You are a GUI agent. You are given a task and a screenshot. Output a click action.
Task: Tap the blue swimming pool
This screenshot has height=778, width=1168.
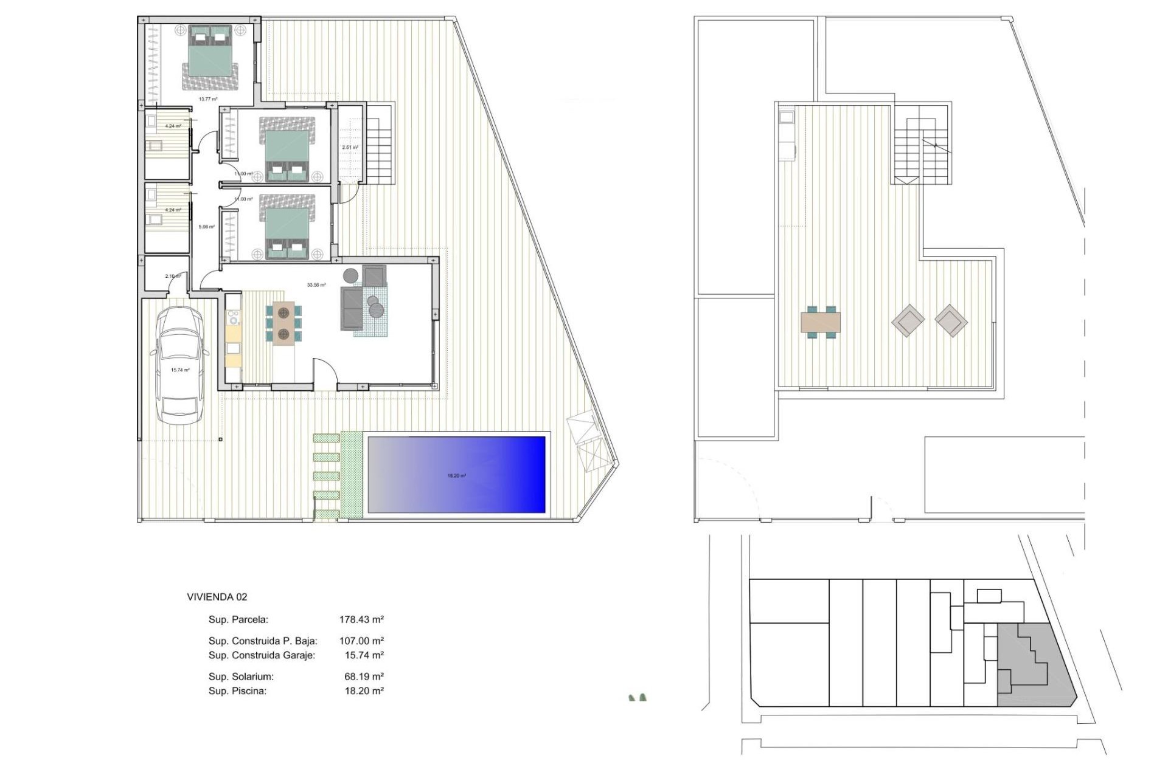pos(456,474)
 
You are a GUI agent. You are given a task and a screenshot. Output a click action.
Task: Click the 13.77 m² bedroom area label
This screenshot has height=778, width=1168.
pos(208,99)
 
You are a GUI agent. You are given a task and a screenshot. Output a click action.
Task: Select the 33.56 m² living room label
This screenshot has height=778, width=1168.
pos(316,284)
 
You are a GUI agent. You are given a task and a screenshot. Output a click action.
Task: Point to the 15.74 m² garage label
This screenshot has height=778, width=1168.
pos(180,370)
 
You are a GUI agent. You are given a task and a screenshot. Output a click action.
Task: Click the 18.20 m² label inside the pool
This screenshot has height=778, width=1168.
pos(456,476)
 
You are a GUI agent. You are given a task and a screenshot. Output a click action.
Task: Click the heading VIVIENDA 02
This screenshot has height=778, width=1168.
pos(217,597)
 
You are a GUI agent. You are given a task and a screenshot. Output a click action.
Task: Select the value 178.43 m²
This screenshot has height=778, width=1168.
pos(361,620)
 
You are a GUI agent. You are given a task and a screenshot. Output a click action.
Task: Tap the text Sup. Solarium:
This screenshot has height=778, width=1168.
pos(241,676)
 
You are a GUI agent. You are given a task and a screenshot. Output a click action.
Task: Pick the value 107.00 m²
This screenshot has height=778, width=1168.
pos(361,641)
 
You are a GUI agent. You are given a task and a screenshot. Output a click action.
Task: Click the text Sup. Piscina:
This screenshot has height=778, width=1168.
pos(237,691)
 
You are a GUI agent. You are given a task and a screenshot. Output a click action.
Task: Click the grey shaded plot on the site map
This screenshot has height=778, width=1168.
pos(1028,669)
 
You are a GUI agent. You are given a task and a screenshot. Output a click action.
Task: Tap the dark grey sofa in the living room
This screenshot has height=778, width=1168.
pos(351,309)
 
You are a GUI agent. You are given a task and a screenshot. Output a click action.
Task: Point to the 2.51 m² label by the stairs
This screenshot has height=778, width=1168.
pos(350,148)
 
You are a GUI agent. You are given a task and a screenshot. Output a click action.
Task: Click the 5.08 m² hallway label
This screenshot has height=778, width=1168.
pos(207,227)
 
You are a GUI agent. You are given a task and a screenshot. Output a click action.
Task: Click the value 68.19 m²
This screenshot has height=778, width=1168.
pos(364,676)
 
